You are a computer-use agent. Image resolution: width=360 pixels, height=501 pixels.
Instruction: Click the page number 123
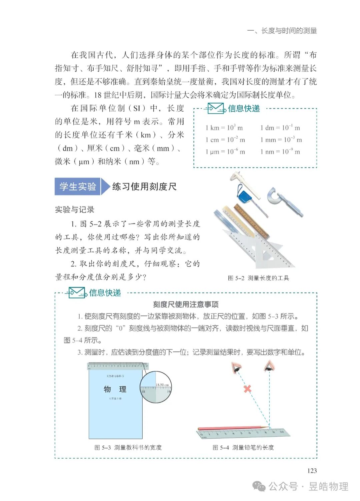(312, 470)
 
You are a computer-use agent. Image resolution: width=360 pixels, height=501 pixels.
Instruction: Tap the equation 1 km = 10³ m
(224, 128)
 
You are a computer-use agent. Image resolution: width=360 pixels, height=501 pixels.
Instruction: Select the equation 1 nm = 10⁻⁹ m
(280, 152)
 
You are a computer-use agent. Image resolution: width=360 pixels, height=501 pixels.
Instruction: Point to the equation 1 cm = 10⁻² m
(225, 140)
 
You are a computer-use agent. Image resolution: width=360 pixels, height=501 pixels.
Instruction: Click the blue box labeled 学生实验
(78, 187)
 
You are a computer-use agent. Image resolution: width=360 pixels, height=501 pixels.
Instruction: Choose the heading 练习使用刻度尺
(144, 187)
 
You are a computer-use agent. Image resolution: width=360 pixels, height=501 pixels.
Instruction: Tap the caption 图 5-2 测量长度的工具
(258, 278)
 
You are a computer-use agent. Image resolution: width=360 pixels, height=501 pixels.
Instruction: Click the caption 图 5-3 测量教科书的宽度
(128, 447)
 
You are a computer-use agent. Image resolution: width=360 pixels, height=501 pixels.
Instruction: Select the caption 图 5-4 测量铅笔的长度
(243, 447)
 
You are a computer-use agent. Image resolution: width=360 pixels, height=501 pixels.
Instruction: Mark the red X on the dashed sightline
(247, 388)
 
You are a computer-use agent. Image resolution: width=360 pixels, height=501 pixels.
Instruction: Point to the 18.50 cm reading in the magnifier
(162, 385)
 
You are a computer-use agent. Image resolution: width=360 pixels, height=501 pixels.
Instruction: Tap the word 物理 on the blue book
(115, 389)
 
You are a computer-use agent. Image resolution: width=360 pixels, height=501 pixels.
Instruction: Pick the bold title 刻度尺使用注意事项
(186, 304)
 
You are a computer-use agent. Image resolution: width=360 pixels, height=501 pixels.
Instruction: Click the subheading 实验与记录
(75, 210)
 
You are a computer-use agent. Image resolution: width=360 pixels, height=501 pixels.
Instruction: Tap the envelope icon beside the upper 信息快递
(216, 108)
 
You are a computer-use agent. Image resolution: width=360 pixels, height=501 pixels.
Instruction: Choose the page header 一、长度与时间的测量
(282, 31)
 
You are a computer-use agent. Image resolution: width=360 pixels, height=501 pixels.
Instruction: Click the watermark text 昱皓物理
(328, 486)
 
